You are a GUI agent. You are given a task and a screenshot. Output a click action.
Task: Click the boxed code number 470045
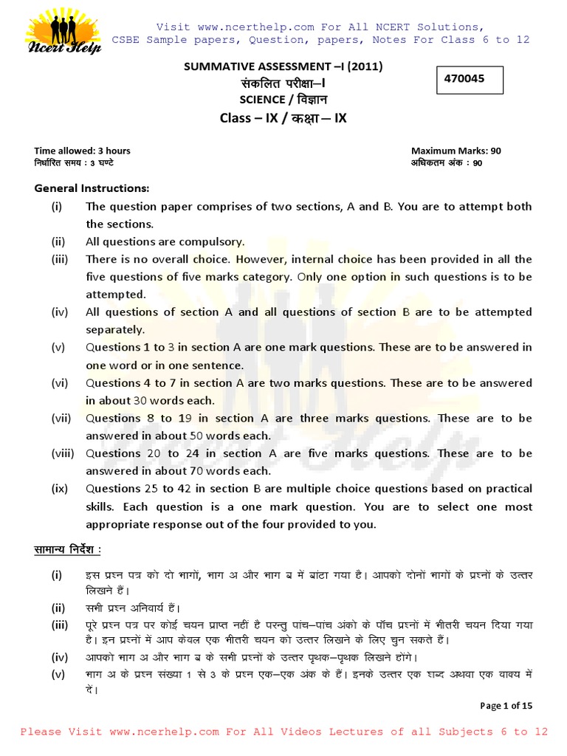coord(464,79)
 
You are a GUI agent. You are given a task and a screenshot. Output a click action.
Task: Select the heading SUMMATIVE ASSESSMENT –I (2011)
coord(283,67)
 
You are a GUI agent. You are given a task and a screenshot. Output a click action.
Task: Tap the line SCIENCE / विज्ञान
coord(283,99)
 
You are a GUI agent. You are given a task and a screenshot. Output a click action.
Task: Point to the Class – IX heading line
coord(283,117)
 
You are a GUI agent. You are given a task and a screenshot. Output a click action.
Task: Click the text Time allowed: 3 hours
coord(82,151)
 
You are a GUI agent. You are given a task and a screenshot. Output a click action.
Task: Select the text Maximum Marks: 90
coord(456,151)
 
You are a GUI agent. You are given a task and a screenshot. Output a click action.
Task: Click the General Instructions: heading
coord(92,188)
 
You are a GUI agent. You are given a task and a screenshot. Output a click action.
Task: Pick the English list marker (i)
coord(57,207)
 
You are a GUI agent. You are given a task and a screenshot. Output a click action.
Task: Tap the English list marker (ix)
coord(59,489)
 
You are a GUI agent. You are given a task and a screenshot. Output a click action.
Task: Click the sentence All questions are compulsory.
coord(165,241)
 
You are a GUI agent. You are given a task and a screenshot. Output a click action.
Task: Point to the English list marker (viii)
coord(61,453)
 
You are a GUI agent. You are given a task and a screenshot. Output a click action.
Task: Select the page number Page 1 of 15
coord(506,706)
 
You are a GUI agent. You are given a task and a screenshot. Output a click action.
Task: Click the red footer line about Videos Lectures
coord(283,732)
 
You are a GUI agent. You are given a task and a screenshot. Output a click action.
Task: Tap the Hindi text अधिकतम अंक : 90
coord(446,163)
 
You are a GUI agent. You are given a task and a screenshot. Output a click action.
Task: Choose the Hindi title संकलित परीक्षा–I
coord(283,83)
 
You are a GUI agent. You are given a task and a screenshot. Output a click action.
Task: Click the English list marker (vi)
coord(59,383)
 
